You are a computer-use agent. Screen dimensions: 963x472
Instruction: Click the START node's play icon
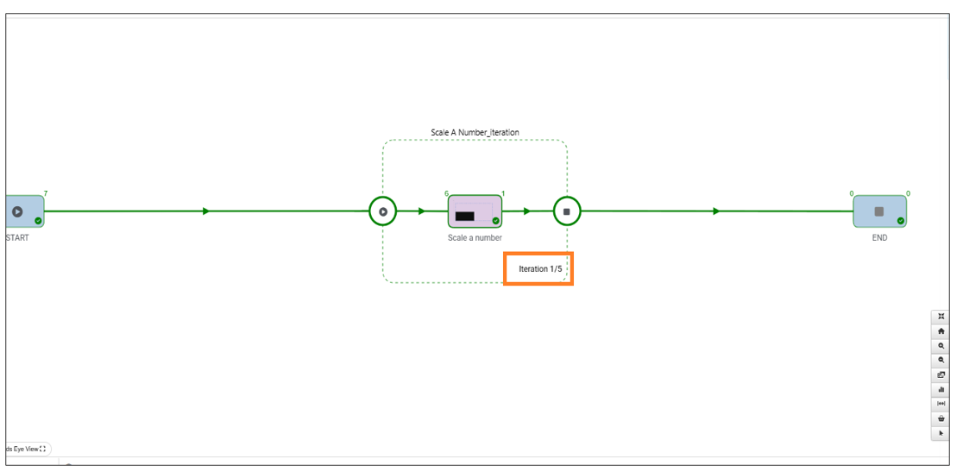point(17,211)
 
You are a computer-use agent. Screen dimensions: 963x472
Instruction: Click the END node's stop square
point(878,211)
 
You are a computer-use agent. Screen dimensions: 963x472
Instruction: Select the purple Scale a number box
point(475,211)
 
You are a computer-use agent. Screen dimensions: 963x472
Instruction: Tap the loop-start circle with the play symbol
point(382,211)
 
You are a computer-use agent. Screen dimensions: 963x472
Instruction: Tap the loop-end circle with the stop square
point(567,211)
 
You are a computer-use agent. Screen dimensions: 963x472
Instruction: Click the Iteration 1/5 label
point(540,269)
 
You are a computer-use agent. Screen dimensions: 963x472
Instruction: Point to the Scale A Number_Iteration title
point(475,132)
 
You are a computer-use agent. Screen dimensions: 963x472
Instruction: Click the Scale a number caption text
point(475,238)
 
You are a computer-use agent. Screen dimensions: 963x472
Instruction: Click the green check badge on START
point(38,221)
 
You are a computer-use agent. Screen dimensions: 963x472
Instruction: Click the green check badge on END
point(900,221)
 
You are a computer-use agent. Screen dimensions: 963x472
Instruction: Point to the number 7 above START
point(46,193)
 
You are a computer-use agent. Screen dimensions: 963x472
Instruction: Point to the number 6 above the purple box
point(446,193)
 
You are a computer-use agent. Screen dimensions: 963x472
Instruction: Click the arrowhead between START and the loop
point(206,211)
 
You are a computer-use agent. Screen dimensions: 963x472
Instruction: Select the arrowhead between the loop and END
point(716,211)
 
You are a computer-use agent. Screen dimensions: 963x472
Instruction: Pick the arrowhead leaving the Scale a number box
point(527,211)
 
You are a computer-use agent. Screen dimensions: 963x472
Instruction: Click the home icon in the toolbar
point(941,330)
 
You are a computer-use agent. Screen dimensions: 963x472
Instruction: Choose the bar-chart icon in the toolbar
point(941,389)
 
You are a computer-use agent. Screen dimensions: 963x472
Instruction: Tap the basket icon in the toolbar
point(941,419)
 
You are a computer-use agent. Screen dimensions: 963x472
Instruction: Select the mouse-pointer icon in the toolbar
point(941,432)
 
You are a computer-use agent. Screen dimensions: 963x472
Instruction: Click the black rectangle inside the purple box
point(464,216)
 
